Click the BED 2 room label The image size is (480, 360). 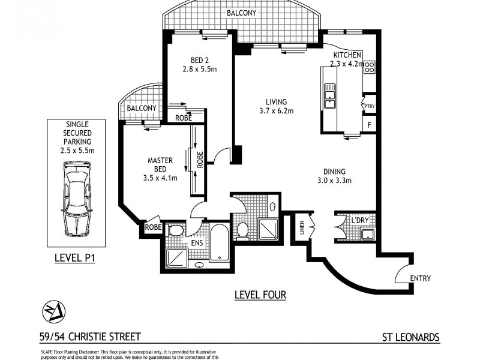pos(199,60)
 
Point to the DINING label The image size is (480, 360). pos(334,170)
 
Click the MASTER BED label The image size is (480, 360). pos(160,165)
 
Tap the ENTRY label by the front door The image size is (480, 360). pos(420,278)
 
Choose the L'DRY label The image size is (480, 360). pos(360,221)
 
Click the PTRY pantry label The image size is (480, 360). pos(370,107)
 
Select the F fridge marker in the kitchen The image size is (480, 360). pos(370,125)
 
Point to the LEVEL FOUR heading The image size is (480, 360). pos(259,295)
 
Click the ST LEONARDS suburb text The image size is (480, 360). pos(410,338)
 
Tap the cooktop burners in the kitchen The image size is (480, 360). pos(370,67)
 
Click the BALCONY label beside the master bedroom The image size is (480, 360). pos(142,108)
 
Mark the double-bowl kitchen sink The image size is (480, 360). pos(329,95)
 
